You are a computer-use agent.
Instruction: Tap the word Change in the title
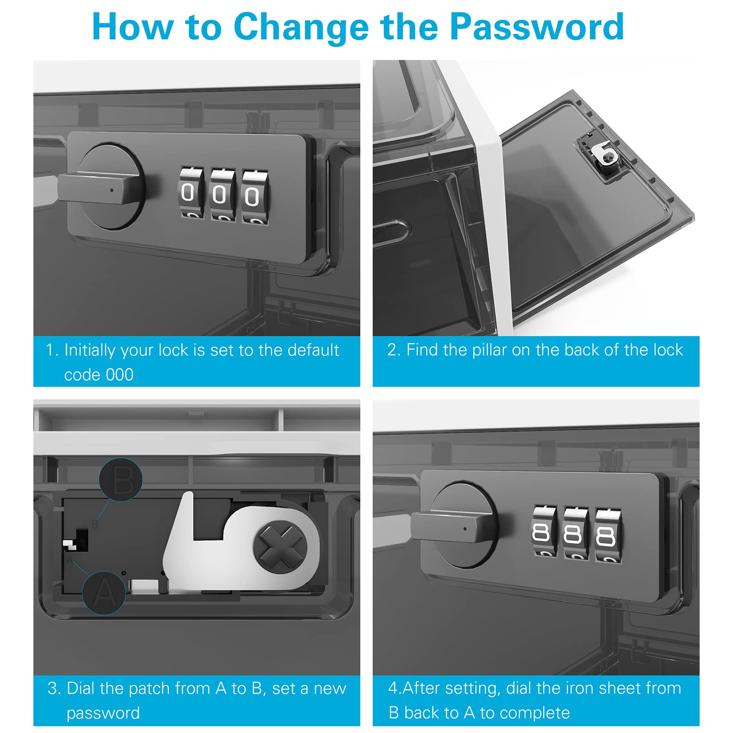click(301, 27)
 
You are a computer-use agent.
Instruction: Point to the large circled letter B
click(121, 480)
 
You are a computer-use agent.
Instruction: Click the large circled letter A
click(104, 593)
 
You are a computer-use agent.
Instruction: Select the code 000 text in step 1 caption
click(99, 375)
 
